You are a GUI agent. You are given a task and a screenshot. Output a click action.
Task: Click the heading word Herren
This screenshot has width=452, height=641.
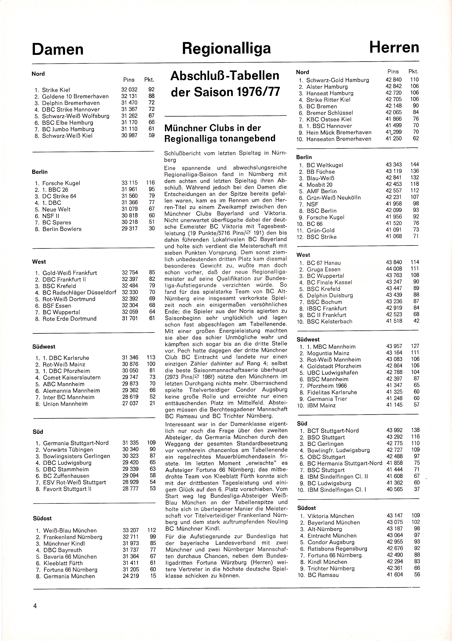click(x=394, y=48)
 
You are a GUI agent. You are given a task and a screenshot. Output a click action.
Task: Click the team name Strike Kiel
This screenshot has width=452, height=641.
click(x=56, y=90)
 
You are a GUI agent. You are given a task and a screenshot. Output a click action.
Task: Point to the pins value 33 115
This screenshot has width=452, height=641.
click(x=129, y=183)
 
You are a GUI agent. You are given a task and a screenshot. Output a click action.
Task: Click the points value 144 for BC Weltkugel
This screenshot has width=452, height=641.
click(x=415, y=164)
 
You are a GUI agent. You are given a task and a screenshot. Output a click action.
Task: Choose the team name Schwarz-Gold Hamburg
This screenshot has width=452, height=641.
click(x=337, y=80)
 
